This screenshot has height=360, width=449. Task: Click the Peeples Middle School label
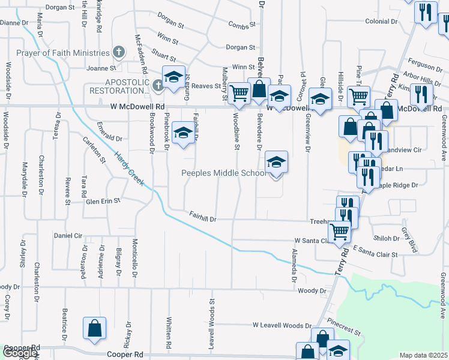click(x=224, y=173)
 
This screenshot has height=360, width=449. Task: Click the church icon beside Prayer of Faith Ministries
click(x=119, y=52)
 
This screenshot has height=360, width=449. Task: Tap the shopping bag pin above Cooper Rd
click(x=94, y=329)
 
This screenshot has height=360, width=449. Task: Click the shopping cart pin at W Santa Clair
click(x=340, y=231)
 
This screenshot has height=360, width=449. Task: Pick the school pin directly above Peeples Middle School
click(x=276, y=163)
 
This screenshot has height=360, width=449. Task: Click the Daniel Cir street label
click(x=68, y=236)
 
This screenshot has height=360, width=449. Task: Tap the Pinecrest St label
click(x=344, y=328)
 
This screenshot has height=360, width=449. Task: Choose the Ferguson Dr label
click(x=424, y=64)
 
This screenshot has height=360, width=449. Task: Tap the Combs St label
click(x=242, y=25)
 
